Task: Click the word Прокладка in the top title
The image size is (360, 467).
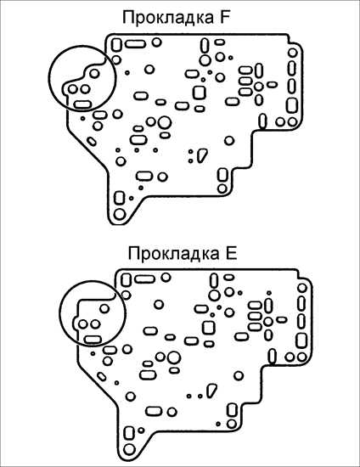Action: pos(167,18)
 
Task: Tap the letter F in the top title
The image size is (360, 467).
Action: pos(225,17)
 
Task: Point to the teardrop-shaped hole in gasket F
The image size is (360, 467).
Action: pos(202,155)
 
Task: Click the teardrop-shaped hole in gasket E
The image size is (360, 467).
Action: pos(211,391)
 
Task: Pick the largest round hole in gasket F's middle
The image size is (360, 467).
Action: pos(165,122)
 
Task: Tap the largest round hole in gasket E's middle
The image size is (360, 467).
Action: pos(174,357)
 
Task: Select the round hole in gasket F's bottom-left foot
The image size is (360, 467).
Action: pos(120,214)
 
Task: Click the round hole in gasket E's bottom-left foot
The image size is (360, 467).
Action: pos(129,449)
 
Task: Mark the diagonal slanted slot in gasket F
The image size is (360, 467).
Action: pos(92,141)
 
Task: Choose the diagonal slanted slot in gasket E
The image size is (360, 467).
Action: pos(102,376)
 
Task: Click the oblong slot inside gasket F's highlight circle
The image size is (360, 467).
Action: pos(82,104)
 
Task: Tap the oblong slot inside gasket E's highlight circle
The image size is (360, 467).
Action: pos(93,340)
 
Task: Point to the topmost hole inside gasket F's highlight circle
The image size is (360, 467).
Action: pos(94,73)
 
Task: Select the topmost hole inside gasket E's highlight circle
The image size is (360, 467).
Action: pos(104,308)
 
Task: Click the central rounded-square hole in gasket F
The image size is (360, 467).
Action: pos(200,93)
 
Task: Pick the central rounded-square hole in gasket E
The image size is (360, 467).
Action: pos(209,328)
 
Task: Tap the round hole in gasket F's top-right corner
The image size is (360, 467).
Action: pos(293,53)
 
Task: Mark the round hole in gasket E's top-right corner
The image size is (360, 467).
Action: pos(302,288)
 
